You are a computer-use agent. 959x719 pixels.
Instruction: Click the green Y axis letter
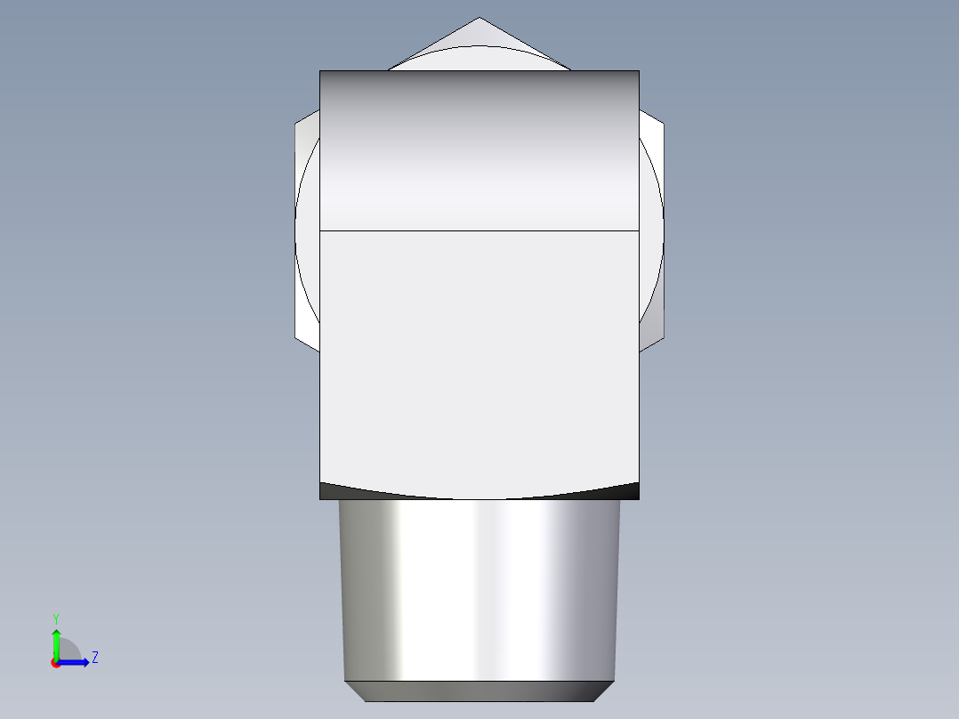pos(56,618)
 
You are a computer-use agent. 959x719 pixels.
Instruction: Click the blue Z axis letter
pos(94,658)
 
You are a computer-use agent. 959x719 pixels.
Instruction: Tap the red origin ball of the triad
pos(56,662)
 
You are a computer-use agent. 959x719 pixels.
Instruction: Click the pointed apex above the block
pos(479,20)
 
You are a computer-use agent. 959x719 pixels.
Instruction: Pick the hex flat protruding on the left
pos(306,231)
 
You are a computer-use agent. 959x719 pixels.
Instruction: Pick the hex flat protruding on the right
pos(652,231)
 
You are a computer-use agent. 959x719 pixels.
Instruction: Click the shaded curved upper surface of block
pos(479,151)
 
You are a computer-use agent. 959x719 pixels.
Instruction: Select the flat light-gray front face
pos(479,356)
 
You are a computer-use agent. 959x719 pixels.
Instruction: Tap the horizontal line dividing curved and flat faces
pos(479,230)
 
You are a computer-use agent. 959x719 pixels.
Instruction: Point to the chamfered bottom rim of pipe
pos(479,691)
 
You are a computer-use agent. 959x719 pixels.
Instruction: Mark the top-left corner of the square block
pos(320,71)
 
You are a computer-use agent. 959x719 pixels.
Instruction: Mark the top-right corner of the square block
pos(639,71)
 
